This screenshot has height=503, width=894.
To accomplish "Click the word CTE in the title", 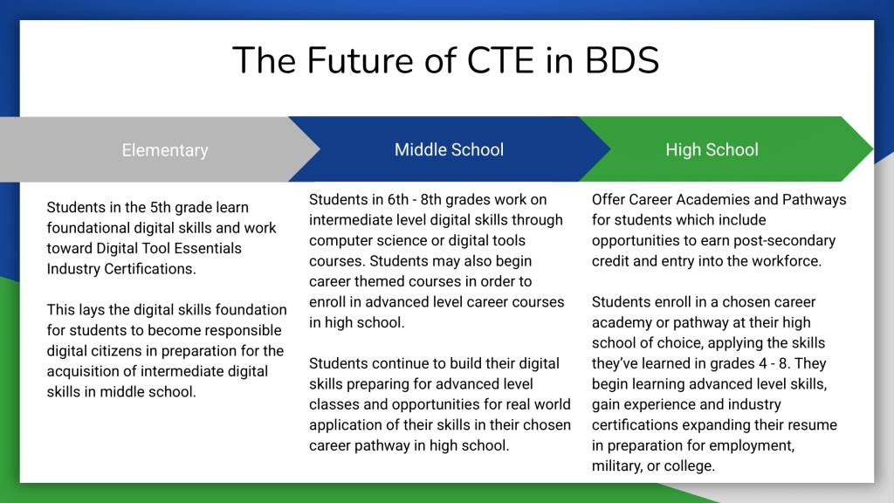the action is (x=500, y=60).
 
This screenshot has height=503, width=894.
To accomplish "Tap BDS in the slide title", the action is (x=622, y=60).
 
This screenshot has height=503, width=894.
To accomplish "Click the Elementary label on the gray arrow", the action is (x=165, y=150).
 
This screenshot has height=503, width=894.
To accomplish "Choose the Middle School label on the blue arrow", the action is (x=450, y=149).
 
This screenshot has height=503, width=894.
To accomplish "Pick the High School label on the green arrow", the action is (x=712, y=149).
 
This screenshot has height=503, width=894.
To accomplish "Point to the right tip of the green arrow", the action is (x=873, y=148).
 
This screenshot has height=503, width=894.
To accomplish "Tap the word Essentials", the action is (x=208, y=248).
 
